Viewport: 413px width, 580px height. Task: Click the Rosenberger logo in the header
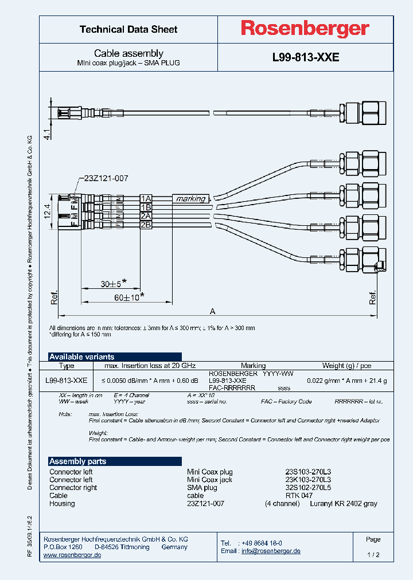point(305,29)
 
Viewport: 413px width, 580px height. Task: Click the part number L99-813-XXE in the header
point(305,57)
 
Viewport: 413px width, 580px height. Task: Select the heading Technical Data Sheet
point(128,29)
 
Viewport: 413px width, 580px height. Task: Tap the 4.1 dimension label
point(48,135)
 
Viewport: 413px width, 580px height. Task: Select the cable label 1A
point(146,198)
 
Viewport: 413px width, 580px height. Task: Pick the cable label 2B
point(146,225)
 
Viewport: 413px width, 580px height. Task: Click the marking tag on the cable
point(190,198)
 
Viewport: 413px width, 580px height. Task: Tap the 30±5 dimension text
point(111,283)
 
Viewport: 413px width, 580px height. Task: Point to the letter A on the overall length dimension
point(212,311)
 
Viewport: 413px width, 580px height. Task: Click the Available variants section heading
point(81,356)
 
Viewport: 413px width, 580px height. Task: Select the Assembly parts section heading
point(77,461)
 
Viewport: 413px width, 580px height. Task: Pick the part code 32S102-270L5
point(308,488)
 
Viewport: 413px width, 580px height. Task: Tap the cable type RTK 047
point(299,496)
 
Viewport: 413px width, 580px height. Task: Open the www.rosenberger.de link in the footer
point(72,555)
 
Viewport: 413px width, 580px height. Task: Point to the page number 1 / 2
point(373,555)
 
